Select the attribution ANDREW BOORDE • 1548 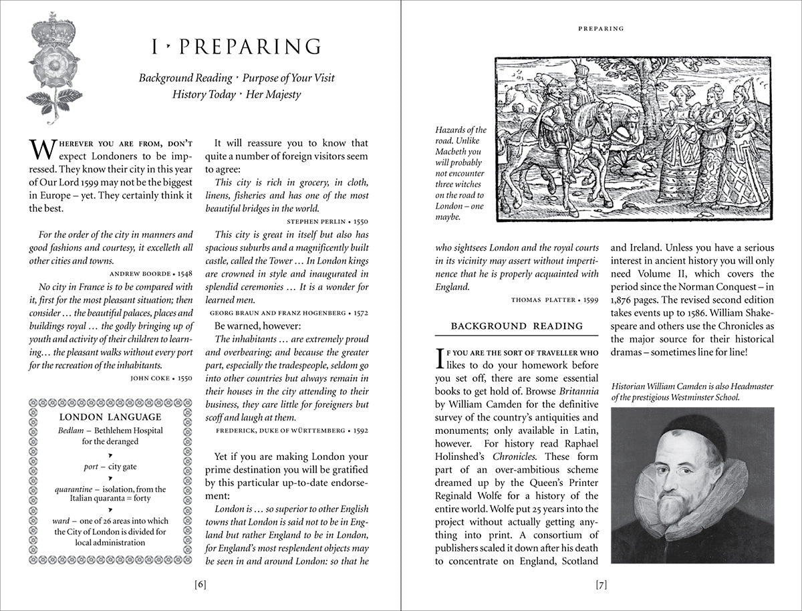[152, 273]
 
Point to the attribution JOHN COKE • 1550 [160, 378]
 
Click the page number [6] [200, 584]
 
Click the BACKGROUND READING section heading [517, 326]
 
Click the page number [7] [601, 584]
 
